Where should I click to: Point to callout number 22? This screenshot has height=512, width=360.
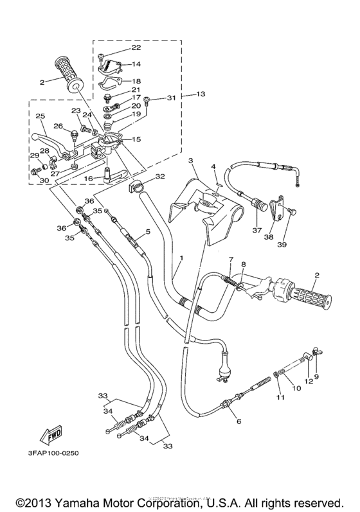pos(136,48)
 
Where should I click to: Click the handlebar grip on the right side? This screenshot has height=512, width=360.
pos(309,297)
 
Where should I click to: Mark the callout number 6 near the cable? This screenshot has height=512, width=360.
pos(239,421)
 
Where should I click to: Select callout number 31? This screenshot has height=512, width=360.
pos(170,98)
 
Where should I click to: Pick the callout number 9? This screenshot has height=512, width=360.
pos(316,376)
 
